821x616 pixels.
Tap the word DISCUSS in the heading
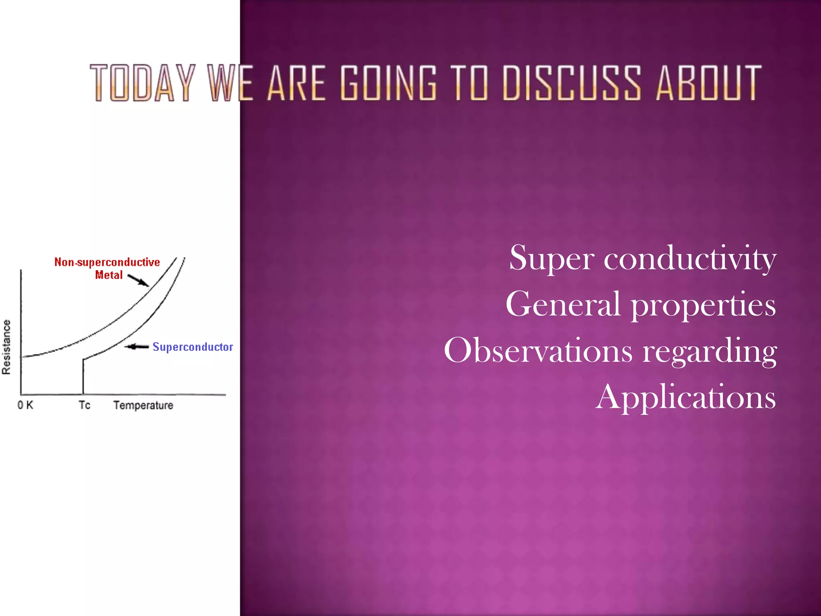point(572,83)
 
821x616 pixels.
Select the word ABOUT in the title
point(708,83)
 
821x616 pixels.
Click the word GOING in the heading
point(388,83)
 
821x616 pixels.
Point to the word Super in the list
point(552,259)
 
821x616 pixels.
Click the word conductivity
point(690,259)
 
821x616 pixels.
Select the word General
point(563,305)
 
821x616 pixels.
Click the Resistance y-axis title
point(6,347)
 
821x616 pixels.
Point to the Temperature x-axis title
point(143,405)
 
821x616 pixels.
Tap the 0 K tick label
point(25,405)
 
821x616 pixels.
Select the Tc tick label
point(84,405)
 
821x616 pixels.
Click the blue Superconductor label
point(192,347)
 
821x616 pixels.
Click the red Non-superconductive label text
point(107,262)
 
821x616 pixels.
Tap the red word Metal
point(109,275)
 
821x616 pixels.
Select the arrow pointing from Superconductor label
point(137,347)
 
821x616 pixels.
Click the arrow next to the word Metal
point(138,280)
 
